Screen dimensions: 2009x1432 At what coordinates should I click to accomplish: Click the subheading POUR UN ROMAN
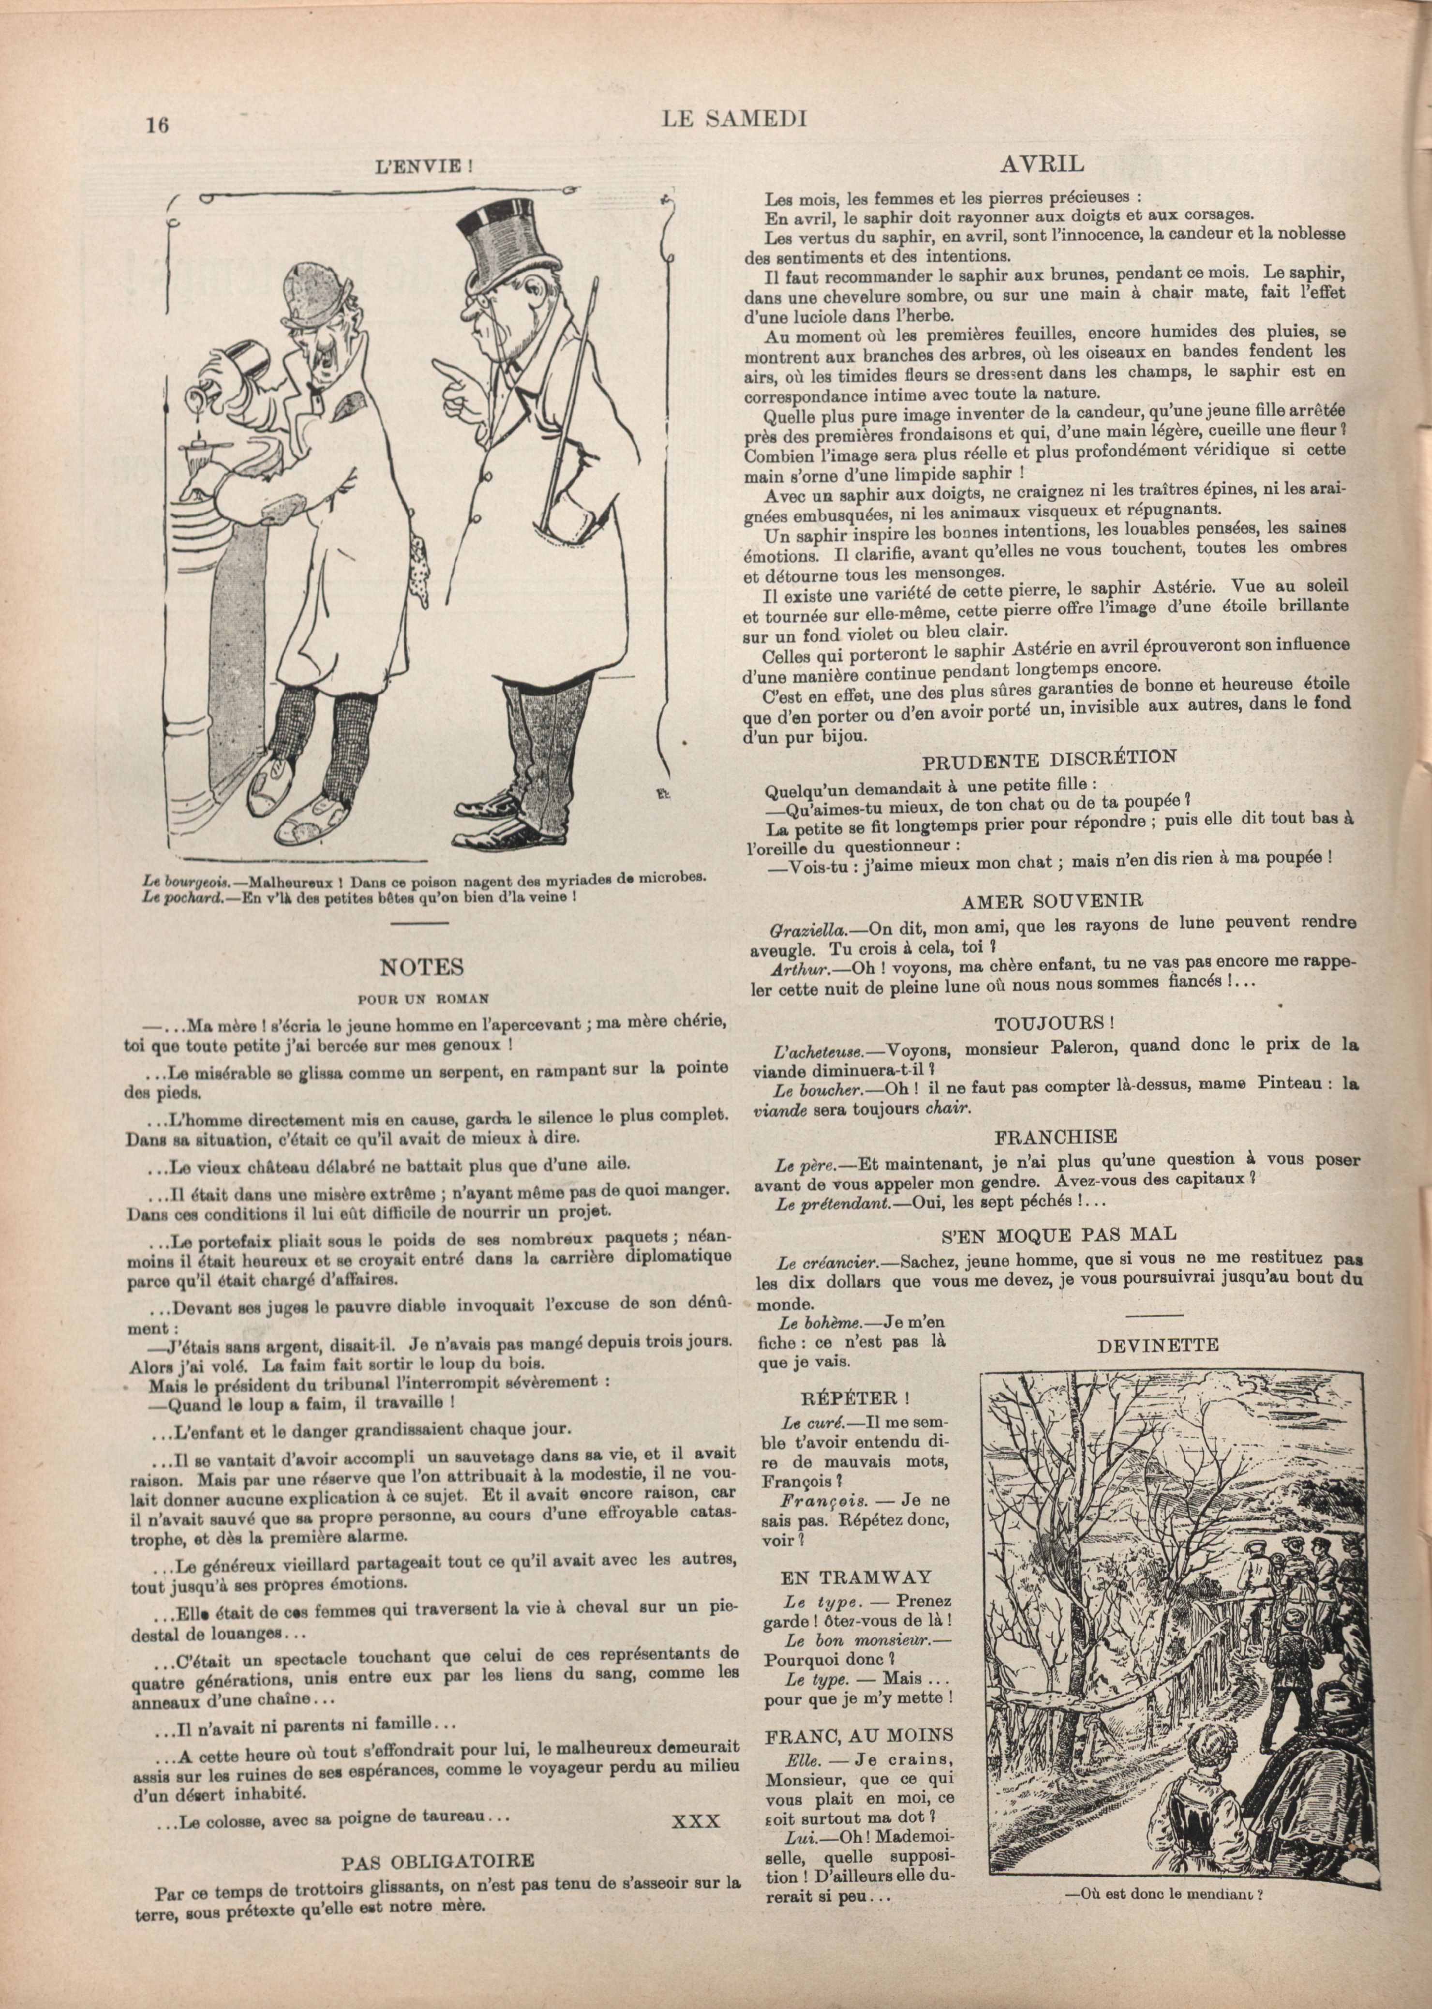(x=422, y=999)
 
